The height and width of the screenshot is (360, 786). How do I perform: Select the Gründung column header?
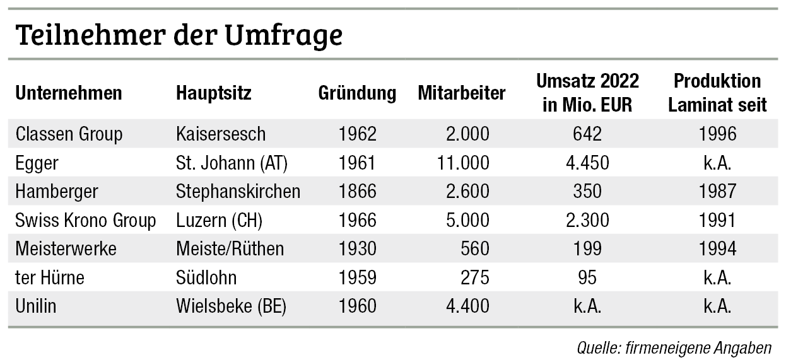click(357, 93)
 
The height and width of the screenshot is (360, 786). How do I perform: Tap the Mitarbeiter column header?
click(461, 93)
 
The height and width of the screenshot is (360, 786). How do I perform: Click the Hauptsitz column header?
click(214, 93)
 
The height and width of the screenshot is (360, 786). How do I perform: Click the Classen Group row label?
click(69, 134)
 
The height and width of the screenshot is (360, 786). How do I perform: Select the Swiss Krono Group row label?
click(85, 221)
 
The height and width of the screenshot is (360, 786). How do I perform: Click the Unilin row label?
click(36, 306)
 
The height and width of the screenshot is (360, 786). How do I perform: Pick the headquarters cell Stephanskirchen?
click(238, 192)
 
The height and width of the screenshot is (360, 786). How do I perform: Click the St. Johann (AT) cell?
click(232, 163)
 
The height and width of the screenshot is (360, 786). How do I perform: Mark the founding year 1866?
click(357, 192)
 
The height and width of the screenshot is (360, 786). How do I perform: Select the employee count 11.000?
click(462, 163)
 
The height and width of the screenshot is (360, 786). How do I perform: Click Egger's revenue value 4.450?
click(587, 163)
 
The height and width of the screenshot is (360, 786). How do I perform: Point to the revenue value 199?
click(587, 249)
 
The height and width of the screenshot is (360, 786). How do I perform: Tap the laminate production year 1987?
click(717, 192)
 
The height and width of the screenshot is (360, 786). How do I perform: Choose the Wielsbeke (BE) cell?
click(232, 306)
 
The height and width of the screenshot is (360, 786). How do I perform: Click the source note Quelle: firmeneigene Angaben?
click(674, 347)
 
